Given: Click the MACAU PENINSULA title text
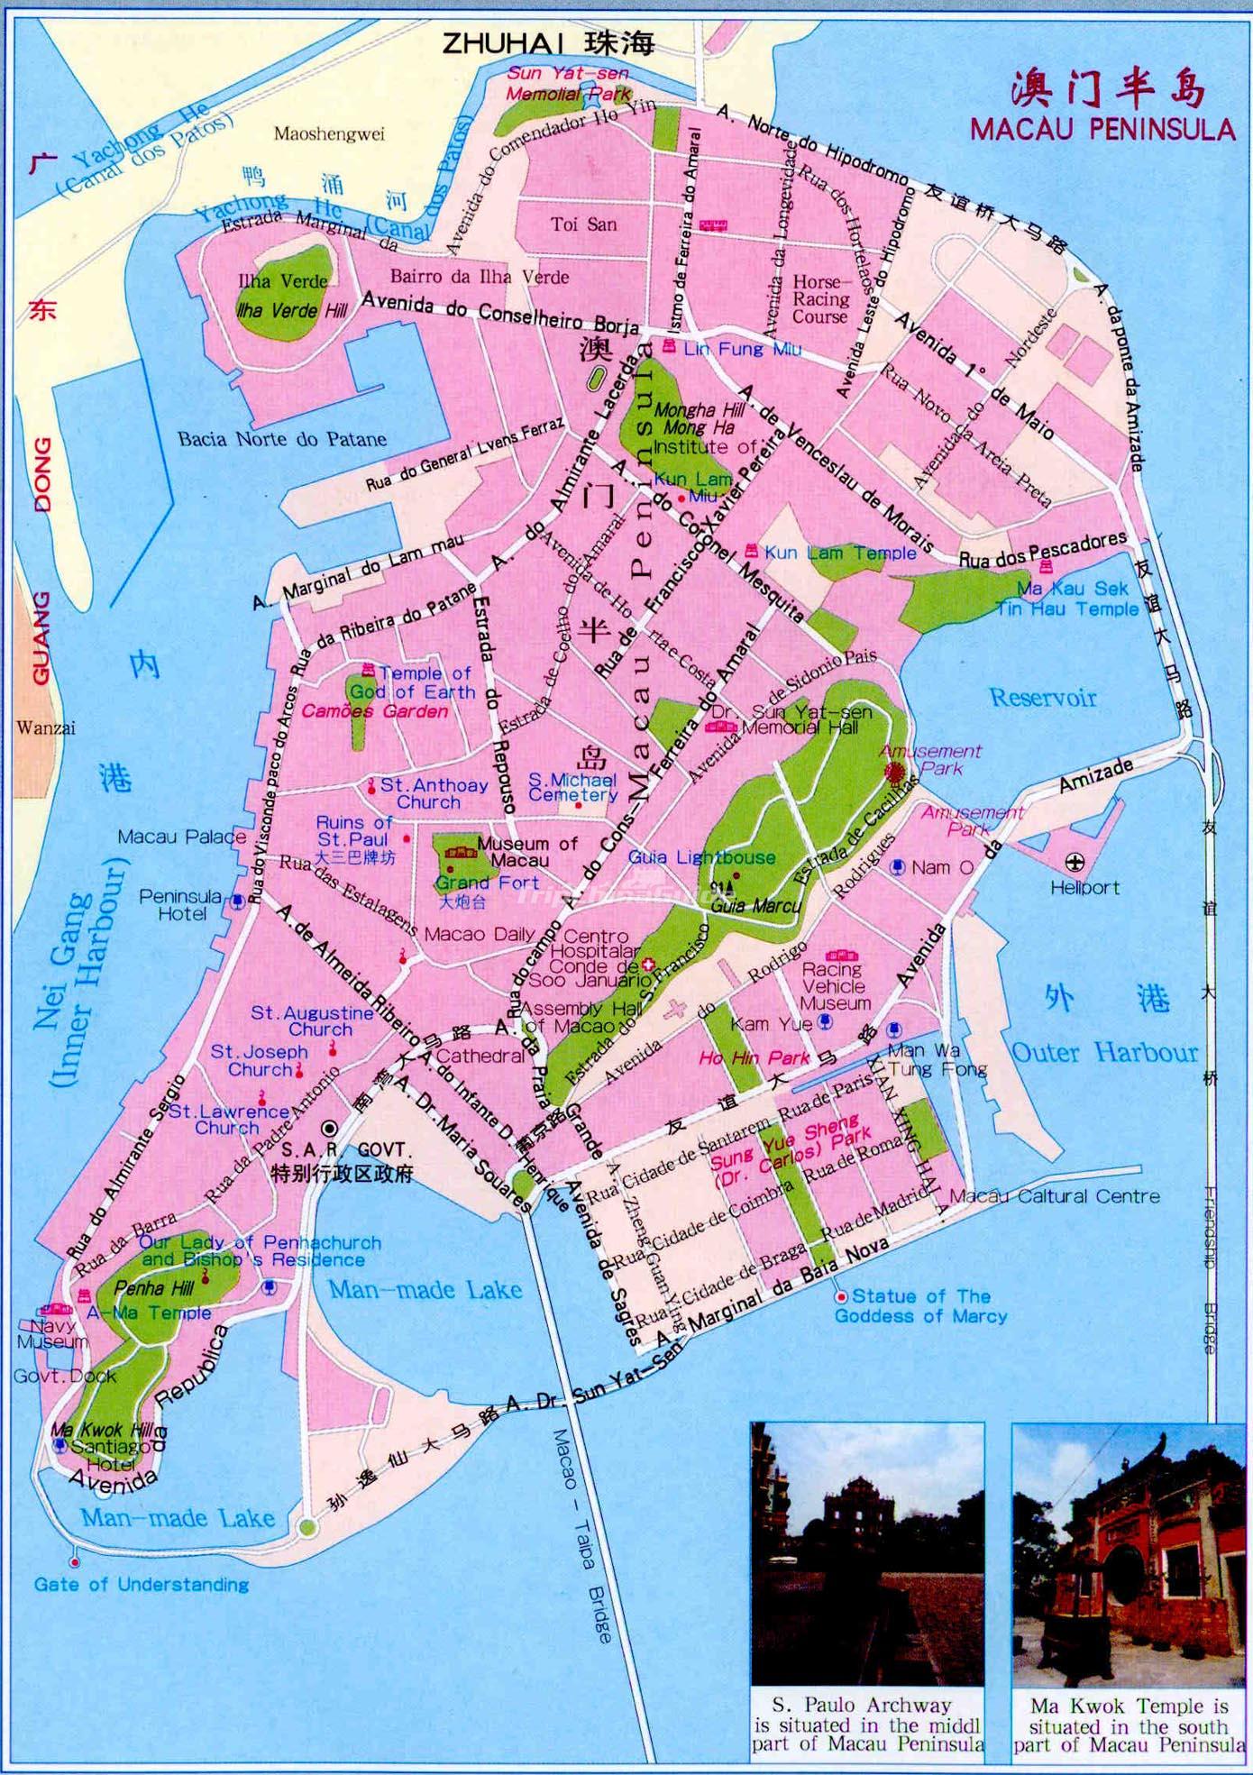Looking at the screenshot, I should click(1102, 128).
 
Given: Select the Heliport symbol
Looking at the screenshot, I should click(1075, 863).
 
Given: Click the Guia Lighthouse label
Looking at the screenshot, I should click(701, 857).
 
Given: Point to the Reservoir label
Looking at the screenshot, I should click(1043, 697).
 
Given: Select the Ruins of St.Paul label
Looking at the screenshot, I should click(353, 831).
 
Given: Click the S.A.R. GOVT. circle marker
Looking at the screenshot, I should click(330, 1128).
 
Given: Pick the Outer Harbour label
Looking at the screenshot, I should click(1104, 1052).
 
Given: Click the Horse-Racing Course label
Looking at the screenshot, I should click(820, 299).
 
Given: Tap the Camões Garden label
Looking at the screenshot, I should click(374, 711).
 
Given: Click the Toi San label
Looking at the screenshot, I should click(584, 224).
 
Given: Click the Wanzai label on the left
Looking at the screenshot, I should click(45, 727).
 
